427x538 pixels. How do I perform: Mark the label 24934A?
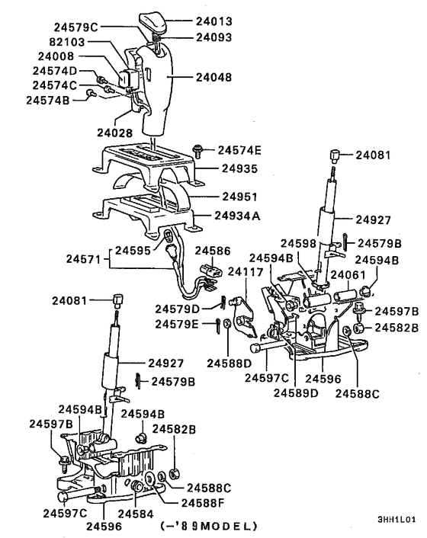point(237,216)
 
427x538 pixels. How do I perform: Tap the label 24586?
point(214,250)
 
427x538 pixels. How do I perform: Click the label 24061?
point(354,274)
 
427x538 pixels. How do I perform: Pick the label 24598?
point(299,243)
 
